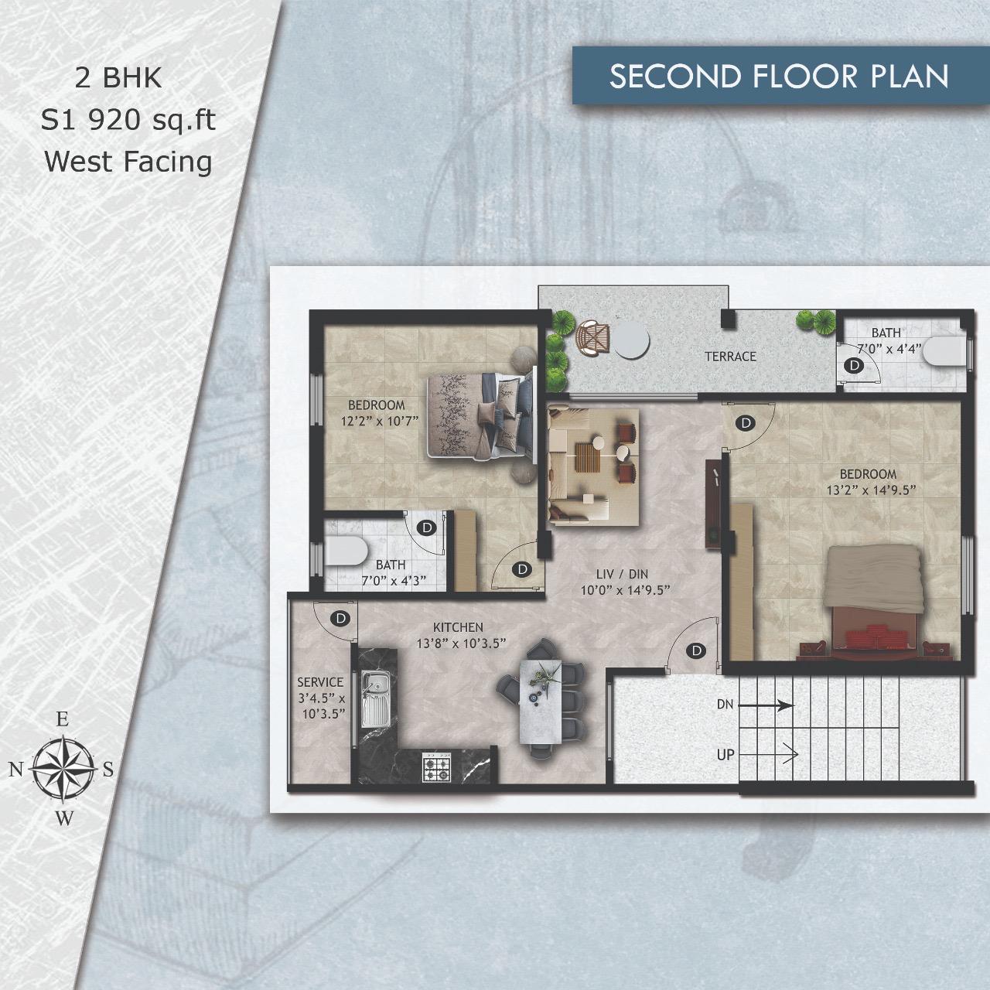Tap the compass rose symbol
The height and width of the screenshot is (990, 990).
click(63, 769)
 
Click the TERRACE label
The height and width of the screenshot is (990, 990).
click(730, 357)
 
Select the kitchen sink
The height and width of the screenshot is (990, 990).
click(377, 698)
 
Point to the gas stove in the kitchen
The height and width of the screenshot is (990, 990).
click(437, 767)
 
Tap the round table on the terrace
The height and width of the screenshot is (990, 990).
click(633, 340)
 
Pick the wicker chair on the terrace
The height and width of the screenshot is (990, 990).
click(593, 337)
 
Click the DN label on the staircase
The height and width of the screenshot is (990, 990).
click(725, 704)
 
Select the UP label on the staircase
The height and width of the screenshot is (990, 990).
click(725, 755)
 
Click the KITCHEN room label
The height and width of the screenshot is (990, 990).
click(458, 627)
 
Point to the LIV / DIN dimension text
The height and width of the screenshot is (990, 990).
click(625, 590)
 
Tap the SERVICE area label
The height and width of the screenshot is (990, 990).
click(320, 682)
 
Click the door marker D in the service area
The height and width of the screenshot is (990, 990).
click(340, 618)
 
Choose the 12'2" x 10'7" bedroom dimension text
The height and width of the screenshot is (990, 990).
click(380, 422)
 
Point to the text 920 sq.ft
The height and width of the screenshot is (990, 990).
click(152, 121)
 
